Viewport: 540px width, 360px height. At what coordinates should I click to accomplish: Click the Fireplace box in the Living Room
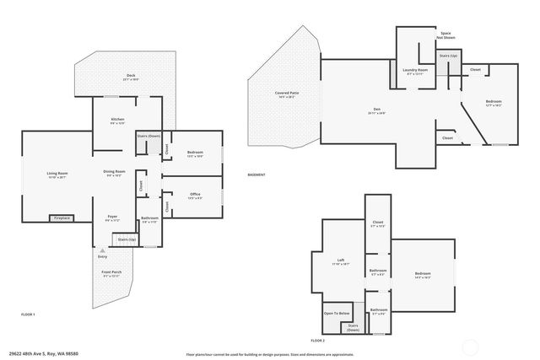tap(62, 218)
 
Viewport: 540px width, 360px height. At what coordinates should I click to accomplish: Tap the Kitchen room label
tap(117, 121)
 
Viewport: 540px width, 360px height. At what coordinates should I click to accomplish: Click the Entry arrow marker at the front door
tap(102, 251)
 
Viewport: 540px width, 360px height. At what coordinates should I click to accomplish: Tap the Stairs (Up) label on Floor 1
tap(126, 239)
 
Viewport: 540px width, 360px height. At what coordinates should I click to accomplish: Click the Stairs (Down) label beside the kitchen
tap(148, 136)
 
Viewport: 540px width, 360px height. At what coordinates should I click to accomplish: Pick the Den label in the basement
tap(378, 110)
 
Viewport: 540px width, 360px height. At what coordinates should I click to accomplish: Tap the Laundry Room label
tap(415, 72)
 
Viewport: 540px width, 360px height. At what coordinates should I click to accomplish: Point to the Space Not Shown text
tap(445, 35)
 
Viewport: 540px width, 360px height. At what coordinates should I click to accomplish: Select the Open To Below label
tap(336, 313)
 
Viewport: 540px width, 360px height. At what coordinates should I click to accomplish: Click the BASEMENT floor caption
tap(256, 175)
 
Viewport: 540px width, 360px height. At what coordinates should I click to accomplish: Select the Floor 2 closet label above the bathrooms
tap(377, 224)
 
